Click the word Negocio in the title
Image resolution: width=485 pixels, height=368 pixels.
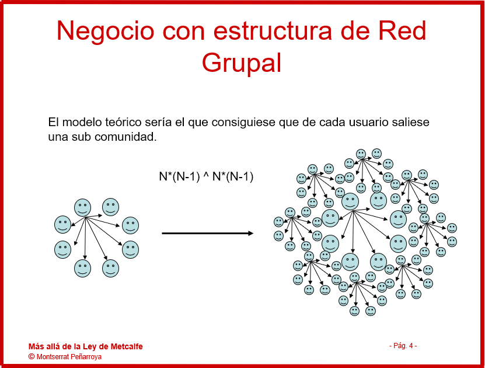[x=105, y=31]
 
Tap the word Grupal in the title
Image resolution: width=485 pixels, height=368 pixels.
[x=242, y=63]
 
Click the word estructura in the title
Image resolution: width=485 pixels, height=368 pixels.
[x=273, y=30]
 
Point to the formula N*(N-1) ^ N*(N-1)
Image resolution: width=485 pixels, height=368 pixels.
[x=206, y=176]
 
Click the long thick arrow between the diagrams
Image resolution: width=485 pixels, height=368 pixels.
[x=208, y=233]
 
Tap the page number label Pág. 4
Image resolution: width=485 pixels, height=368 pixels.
[x=403, y=346]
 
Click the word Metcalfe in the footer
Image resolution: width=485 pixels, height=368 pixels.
[x=127, y=346]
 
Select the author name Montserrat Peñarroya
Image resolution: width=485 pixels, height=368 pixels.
[x=69, y=356]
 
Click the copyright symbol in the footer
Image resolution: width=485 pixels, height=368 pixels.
[x=32, y=356]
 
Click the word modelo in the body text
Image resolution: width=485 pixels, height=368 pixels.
[x=82, y=122]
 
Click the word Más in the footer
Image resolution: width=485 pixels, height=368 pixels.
[x=36, y=346]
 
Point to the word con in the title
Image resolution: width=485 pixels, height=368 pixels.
[x=183, y=33]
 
